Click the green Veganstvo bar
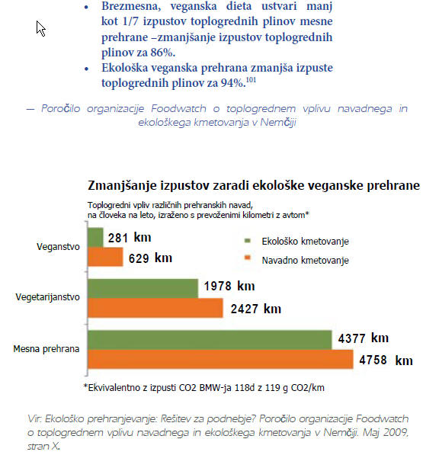click(95, 237)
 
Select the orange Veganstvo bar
click(105, 257)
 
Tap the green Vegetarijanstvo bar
click(143, 288)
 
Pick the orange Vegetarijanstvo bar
click(155, 308)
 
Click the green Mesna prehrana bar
click(210, 340)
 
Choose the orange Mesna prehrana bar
click(220, 359)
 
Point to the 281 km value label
click(130, 238)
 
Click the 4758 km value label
click(386, 360)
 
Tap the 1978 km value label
click(229, 286)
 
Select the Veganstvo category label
click(58, 247)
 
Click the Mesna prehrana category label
click(46, 349)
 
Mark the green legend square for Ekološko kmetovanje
click(248, 240)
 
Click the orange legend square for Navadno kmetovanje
click(248, 258)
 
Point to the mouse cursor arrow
click(40, 29)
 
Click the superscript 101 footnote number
click(251, 80)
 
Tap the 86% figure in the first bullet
click(162, 53)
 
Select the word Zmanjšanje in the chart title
click(122, 185)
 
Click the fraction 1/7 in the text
click(130, 21)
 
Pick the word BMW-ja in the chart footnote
click(215, 387)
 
